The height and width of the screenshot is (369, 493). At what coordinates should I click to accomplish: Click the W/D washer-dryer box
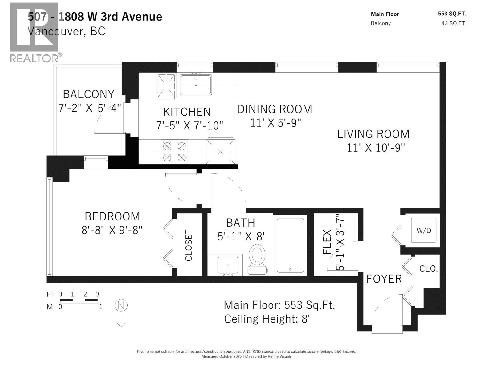(423, 230)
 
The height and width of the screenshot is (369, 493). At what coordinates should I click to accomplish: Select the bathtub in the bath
(290, 245)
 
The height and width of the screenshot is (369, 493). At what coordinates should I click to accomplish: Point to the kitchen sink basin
(196, 85)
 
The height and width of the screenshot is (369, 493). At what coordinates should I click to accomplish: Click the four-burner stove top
(174, 152)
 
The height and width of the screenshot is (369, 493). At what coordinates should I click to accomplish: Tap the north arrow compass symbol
(121, 306)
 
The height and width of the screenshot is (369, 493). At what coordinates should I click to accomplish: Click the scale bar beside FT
(79, 300)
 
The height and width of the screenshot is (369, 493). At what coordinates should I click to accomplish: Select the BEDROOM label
(112, 216)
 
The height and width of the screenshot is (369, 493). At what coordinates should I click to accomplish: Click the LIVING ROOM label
(373, 134)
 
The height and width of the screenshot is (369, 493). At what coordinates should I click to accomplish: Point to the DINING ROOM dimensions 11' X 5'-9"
(275, 123)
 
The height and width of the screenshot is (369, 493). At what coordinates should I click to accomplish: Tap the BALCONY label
(89, 94)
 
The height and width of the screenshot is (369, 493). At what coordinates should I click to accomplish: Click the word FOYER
(384, 279)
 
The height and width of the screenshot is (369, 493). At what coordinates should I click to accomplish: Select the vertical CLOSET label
(189, 245)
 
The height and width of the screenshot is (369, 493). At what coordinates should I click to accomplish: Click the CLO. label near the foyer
(428, 268)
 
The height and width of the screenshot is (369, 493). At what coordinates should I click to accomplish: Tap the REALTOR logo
(34, 32)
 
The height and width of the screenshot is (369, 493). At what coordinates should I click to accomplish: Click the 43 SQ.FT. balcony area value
(454, 23)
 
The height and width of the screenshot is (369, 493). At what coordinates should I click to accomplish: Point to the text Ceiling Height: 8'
(267, 319)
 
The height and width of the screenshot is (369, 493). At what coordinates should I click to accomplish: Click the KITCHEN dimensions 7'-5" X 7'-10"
(189, 125)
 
